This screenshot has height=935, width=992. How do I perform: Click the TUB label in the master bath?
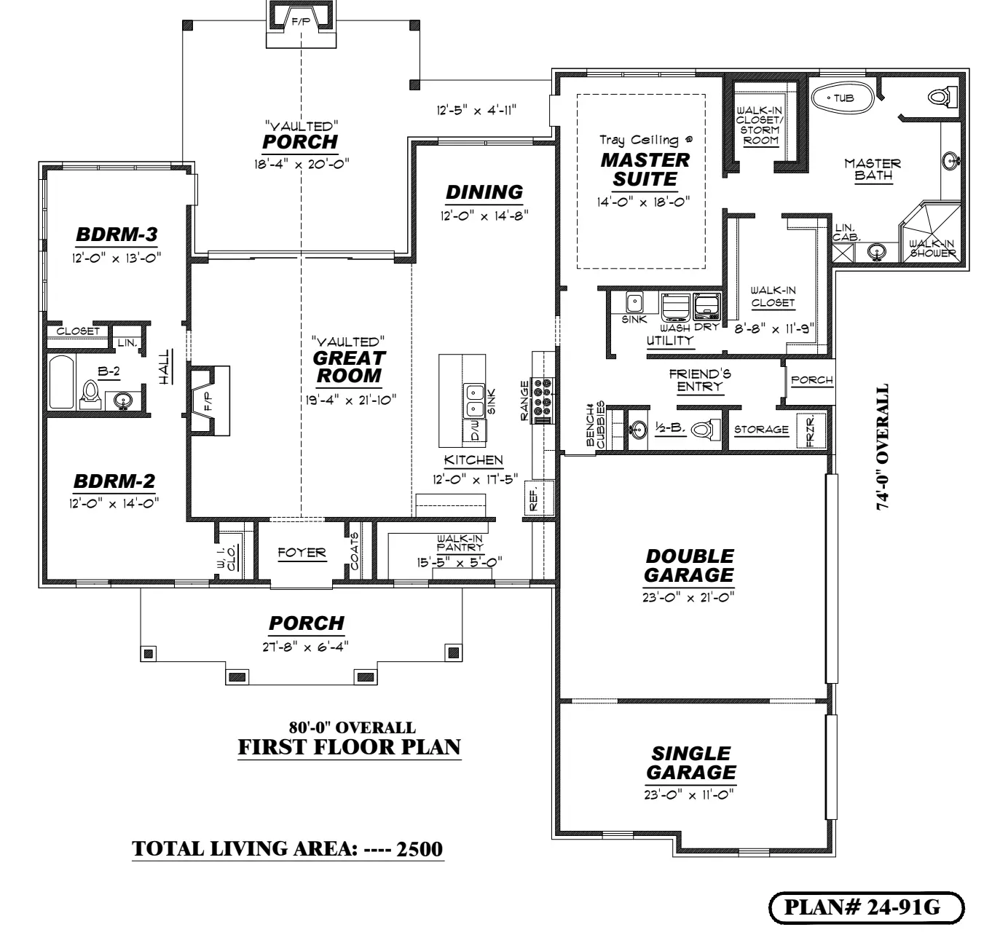[x=843, y=98]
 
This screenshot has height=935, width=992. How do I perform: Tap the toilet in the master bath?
[x=942, y=96]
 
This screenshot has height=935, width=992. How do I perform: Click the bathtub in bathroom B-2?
[x=61, y=382]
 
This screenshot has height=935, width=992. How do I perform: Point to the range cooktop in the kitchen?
[x=543, y=400]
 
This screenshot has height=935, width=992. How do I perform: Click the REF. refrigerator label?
[x=533, y=499]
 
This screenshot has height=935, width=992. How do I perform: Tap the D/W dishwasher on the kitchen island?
[x=475, y=430]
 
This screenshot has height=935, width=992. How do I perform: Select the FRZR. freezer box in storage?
[x=810, y=430]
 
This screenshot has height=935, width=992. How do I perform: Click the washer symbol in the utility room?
[x=675, y=307]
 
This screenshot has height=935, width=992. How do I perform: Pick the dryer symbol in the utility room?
[x=706, y=307]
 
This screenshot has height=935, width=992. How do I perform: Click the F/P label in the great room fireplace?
[x=208, y=401]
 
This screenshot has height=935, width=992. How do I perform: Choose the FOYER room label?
[x=302, y=553]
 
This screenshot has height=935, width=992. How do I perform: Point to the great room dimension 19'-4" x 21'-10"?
[x=350, y=400]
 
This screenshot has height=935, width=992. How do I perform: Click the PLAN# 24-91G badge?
[x=866, y=907]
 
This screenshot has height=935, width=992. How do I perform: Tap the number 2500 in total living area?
[x=420, y=849]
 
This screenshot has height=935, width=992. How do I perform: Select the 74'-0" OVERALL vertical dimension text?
[x=883, y=446]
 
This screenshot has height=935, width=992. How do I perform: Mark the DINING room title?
[x=484, y=192]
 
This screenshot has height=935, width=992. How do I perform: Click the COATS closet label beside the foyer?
[x=354, y=551]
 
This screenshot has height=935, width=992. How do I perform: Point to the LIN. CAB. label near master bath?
[x=846, y=233]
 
